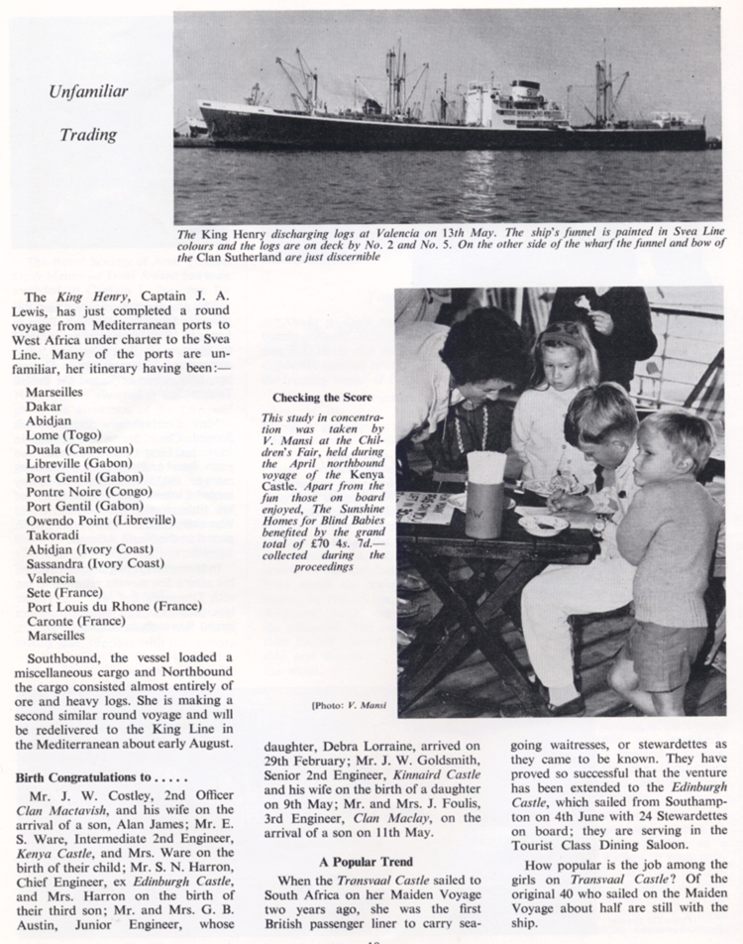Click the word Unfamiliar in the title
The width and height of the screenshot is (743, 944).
pyautogui.click(x=89, y=92)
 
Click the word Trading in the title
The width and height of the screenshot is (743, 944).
pyautogui.click(x=88, y=134)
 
